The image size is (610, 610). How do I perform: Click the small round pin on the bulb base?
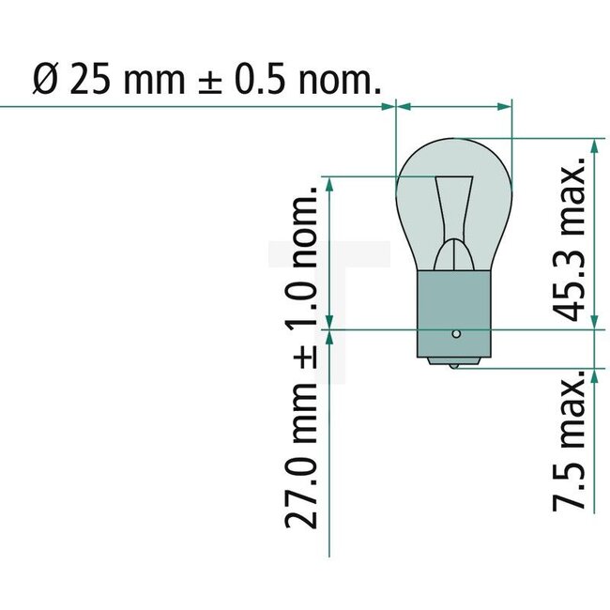point(455,332)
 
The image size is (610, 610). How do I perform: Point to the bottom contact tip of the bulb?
point(455,364)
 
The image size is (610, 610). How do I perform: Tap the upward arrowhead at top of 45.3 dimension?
point(594,145)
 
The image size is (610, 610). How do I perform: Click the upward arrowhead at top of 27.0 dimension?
point(328,183)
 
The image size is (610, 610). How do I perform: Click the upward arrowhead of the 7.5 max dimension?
point(594,373)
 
